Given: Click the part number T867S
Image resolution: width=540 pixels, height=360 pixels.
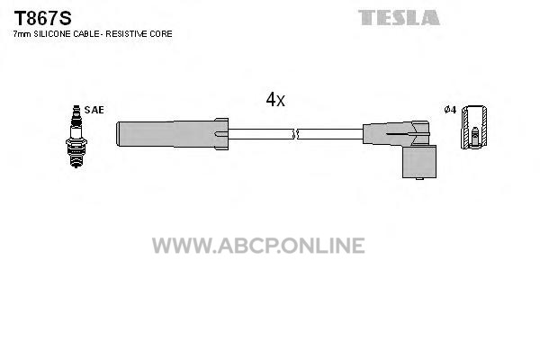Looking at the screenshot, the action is pos(42,18).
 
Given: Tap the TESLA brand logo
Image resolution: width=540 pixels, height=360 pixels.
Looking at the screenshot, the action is pos(399,18).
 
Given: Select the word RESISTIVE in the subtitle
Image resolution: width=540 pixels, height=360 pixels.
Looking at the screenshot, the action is pos(127,34).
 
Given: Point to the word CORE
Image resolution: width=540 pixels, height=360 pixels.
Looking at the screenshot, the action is pos(161,34).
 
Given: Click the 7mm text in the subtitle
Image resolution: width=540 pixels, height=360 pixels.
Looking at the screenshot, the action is pos(22,34).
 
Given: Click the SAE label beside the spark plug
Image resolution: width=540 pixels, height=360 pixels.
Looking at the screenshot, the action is pos(94,110).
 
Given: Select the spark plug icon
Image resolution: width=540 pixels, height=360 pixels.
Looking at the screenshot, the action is pos(76,137).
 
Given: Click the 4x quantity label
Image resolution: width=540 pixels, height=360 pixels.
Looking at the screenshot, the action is pos(275,100).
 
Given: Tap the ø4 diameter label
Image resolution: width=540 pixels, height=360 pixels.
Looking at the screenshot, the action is pos(450,110).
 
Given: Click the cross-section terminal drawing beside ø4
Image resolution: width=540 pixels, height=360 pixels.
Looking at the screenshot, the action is pos(474,127).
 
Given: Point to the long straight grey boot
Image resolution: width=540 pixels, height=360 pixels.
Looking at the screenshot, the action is pos(166,134).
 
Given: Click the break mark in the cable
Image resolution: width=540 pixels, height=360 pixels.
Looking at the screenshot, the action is pos(294,134).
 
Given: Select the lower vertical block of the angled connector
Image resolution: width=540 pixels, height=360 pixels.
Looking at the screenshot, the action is pos(419,162).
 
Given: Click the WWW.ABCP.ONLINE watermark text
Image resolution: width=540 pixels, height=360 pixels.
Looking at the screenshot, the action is pos(258,246).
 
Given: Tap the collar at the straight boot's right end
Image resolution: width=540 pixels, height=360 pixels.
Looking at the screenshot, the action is pos(221,134).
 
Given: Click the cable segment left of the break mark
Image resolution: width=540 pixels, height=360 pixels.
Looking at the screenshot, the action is pos(260,134).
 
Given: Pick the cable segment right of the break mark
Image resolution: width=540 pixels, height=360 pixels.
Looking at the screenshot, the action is pos(330,134).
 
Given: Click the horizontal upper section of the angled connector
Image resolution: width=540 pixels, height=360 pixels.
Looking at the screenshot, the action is pos(396,133).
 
